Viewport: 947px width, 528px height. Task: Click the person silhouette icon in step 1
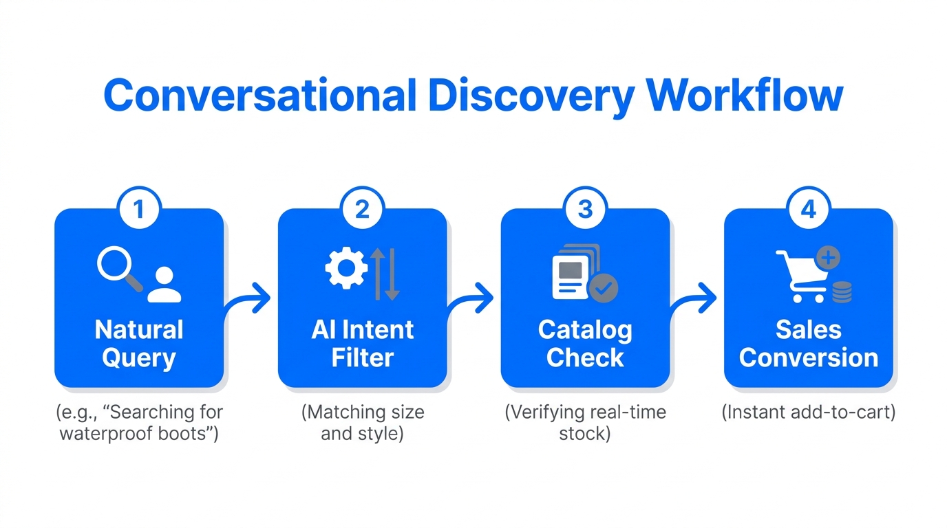pyautogui.click(x=164, y=285)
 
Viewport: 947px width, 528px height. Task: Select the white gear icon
pyautogui.click(x=345, y=268)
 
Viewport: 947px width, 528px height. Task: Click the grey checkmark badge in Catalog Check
pyautogui.click(x=603, y=289)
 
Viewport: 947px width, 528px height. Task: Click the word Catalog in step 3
pyautogui.click(x=585, y=330)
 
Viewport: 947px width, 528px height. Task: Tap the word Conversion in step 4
pyautogui.click(x=809, y=358)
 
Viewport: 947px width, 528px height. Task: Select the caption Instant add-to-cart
pyautogui.click(x=809, y=412)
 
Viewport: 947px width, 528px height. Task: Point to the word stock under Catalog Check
pyautogui.click(x=585, y=434)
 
